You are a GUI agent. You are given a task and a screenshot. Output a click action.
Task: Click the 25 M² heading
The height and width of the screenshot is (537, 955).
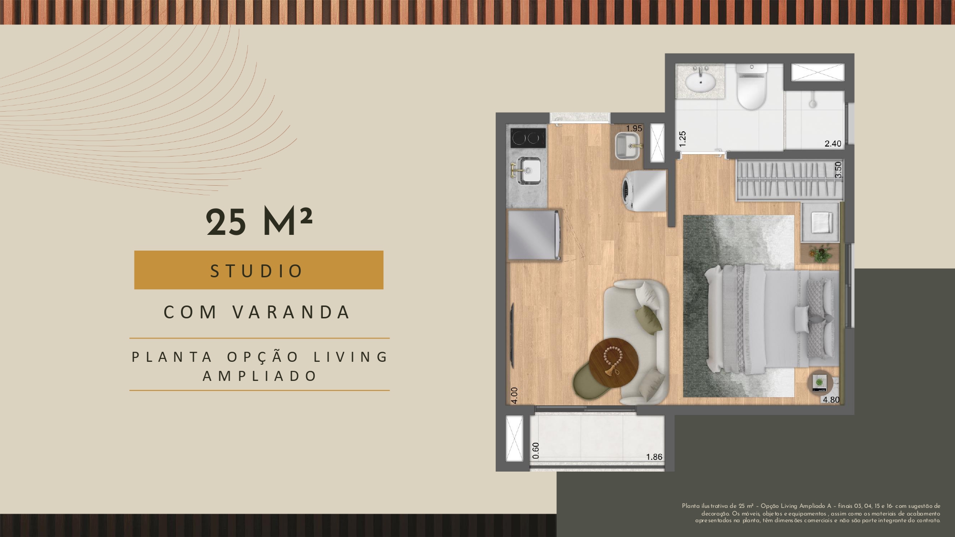coord(259,222)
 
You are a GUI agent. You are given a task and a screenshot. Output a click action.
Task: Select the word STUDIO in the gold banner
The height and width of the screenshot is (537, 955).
coord(257,271)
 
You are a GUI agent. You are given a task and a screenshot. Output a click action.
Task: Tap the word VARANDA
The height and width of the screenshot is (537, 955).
coord(292,312)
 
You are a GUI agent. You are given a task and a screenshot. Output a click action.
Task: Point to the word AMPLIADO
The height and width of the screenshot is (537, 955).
coord(260,376)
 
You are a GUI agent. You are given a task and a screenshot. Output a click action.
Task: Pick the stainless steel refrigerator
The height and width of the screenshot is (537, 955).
coord(534,235)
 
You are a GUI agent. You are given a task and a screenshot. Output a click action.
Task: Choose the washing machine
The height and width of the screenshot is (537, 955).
coord(644,191)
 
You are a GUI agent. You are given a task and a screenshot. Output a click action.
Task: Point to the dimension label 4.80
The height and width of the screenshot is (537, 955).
coord(831,400)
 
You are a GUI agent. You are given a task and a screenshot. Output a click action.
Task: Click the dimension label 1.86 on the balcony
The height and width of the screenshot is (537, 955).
coord(654,457)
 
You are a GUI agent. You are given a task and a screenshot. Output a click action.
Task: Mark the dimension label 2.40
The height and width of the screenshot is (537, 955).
coord(833,143)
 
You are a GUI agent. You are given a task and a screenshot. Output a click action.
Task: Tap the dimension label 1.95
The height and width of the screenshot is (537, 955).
coord(634,128)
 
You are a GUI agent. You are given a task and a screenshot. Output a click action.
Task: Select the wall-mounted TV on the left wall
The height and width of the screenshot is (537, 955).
coord(512,336)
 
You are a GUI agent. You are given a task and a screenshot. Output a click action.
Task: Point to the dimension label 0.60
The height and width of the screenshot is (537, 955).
coord(536,450)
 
